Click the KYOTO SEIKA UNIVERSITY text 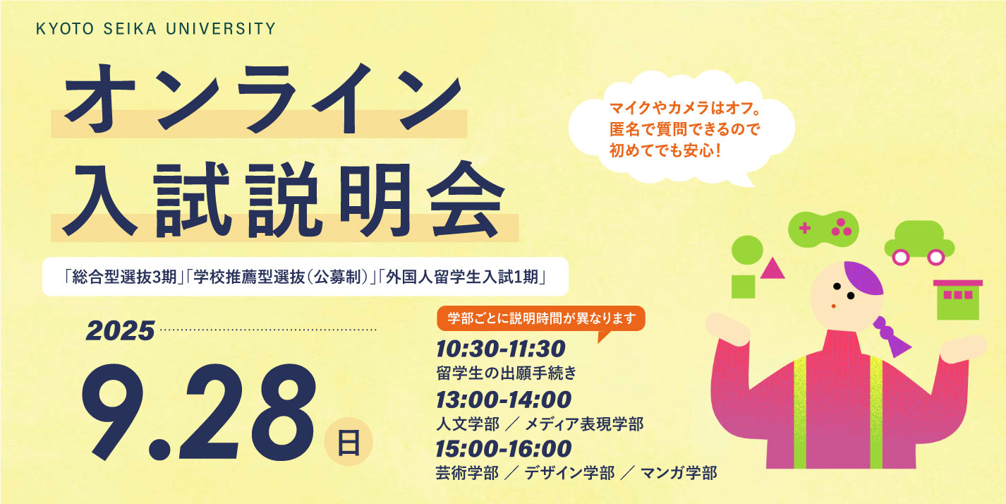click(x=155, y=29)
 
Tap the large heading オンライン click(x=263, y=98)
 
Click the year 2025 click(x=121, y=332)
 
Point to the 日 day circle click(x=349, y=442)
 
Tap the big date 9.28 click(x=198, y=412)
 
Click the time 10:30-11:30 click(x=501, y=349)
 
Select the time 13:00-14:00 click(x=504, y=400)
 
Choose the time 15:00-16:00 click(x=504, y=449)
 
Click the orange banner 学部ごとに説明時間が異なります click(x=541, y=318)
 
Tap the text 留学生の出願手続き click(x=507, y=373)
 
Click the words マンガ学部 click(x=679, y=473)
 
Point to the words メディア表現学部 click(x=584, y=424)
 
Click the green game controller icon click(x=823, y=229)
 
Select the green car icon click(x=919, y=243)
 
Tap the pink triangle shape click(x=772, y=270)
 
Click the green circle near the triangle click(x=747, y=250)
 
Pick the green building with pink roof click(x=958, y=299)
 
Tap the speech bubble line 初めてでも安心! click(x=665, y=150)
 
